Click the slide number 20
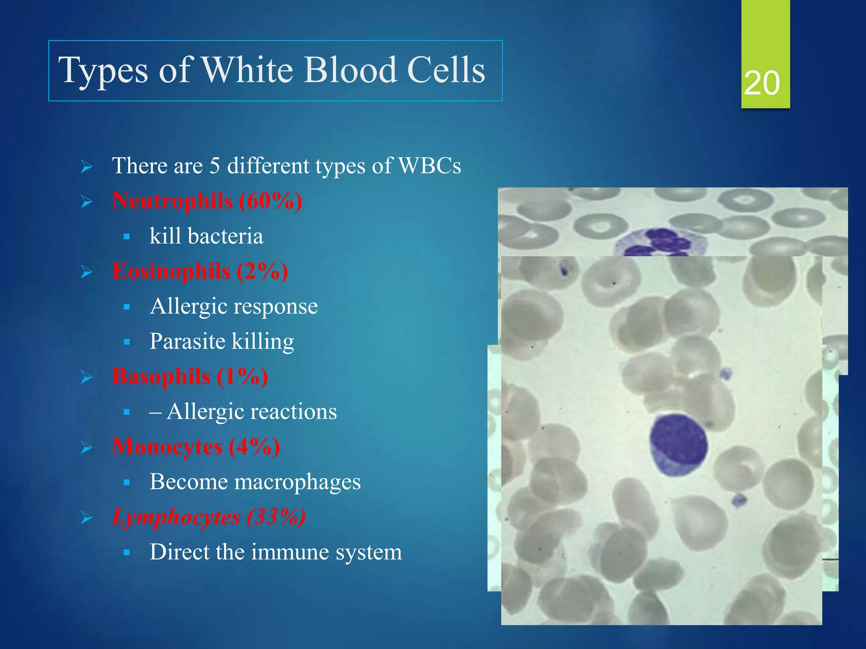tap(762, 83)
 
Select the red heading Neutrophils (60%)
tap(207, 201)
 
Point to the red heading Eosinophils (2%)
tap(200, 271)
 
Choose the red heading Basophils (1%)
tap(190, 376)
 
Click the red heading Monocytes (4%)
tap(196, 447)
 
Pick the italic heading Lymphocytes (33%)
tap(209, 517)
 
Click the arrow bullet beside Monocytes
tap(87, 447)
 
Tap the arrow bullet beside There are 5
tap(87, 167)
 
